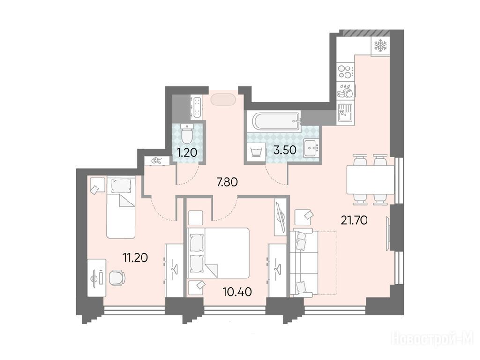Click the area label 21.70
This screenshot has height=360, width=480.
coord(354,220)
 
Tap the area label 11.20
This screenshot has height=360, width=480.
coord(135,258)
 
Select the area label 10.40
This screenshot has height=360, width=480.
coord(238,292)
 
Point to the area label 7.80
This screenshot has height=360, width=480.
coord(227,182)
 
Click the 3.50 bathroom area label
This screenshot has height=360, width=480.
coord(285,150)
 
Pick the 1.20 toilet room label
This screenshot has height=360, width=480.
coord(187,152)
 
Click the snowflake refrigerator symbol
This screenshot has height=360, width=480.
coord(381,46)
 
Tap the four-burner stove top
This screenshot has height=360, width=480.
coord(345,72)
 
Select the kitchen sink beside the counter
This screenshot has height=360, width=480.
coord(345,113)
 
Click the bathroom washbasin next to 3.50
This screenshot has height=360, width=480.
coord(311,149)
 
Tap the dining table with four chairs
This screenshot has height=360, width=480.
coord(370,180)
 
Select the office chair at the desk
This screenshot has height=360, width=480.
coord(117,277)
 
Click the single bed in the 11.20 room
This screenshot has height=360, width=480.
coord(120,207)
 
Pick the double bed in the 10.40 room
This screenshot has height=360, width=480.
coord(218,251)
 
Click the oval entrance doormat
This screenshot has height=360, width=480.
coord(223,99)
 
